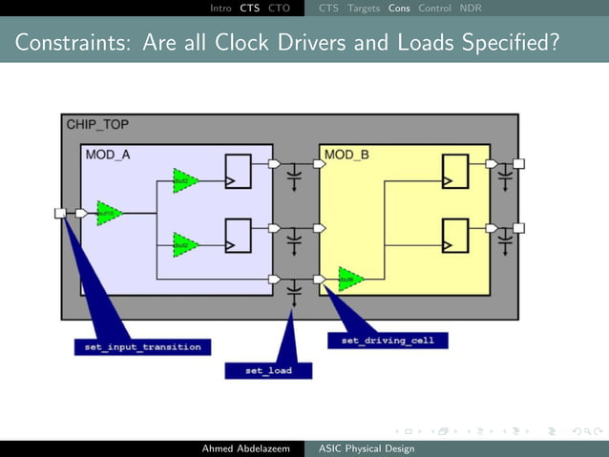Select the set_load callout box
click(268, 370)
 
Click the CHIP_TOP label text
click(97, 125)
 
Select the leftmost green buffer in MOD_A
click(110, 213)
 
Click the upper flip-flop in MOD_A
click(237, 171)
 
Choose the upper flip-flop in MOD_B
click(454, 171)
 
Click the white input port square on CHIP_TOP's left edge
click(60, 213)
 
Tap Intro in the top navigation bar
click(220, 9)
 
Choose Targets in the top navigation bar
click(364, 9)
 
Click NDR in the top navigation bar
click(471, 9)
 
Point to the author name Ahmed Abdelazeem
click(242, 448)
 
